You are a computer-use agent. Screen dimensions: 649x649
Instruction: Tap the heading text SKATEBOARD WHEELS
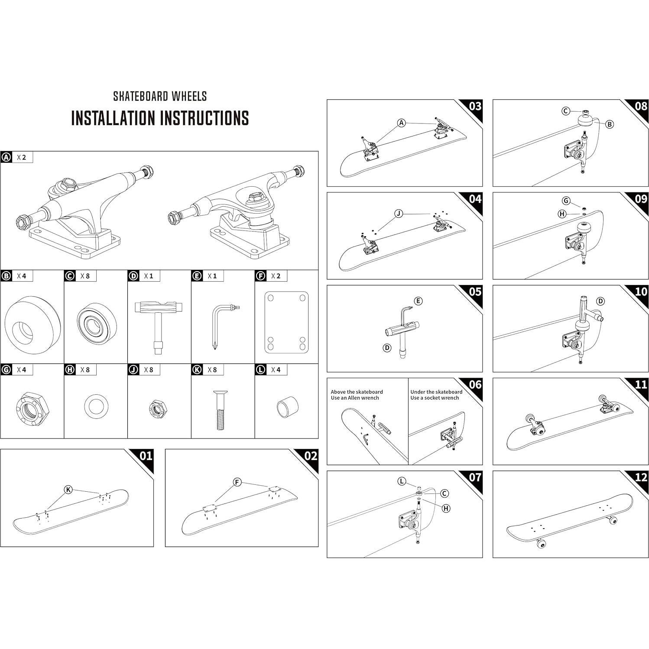coord(160,96)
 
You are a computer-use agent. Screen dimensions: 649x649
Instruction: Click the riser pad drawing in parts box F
coord(286,323)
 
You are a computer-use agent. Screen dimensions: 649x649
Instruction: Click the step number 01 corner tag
coord(146,456)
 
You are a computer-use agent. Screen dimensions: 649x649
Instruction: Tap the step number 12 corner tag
coord(640,477)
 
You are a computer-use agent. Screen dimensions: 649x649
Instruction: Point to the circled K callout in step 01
coord(68,490)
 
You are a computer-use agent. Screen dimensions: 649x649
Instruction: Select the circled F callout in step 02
coord(237,482)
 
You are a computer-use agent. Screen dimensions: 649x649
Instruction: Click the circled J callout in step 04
coord(399,213)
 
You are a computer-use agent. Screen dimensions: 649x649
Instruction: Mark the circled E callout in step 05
coord(418,301)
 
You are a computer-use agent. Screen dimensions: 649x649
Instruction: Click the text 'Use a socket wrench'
coord(435,398)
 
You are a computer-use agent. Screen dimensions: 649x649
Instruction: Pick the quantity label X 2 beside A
coord(22,157)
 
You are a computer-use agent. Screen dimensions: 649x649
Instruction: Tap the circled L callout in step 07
coord(402,481)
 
